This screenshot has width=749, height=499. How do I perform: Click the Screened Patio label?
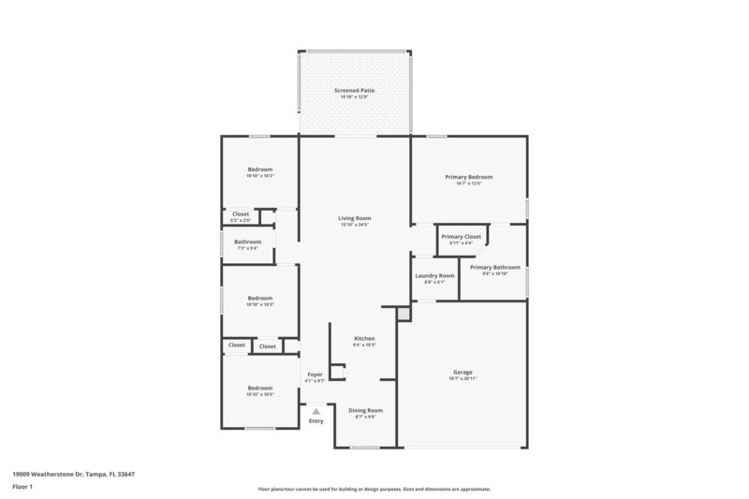[x=354, y=90]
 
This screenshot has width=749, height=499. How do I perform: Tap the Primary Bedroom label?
[x=468, y=176]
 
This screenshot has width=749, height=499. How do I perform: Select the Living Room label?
[x=354, y=218]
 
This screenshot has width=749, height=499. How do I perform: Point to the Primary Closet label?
[x=461, y=237]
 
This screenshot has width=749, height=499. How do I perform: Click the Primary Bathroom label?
[x=494, y=267]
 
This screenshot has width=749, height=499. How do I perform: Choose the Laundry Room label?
[x=434, y=275]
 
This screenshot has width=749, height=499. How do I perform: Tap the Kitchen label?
[x=364, y=338]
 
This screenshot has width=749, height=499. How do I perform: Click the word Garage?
[x=463, y=372]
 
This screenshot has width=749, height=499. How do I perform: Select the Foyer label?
[x=316, y=374]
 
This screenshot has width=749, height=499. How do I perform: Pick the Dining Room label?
[x=365, y=410]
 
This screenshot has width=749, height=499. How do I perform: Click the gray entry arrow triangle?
[x=316, y=410]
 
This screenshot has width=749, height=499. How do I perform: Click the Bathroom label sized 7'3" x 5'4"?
[x=248, y=242]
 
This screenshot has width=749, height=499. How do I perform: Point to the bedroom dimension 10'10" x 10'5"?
[x=259, y=394]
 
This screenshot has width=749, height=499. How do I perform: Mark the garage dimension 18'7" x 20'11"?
[x=463, y=378]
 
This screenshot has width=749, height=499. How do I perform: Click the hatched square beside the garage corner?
[x=404, y=316]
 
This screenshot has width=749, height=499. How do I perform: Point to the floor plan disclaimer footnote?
[x=374, y=489]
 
